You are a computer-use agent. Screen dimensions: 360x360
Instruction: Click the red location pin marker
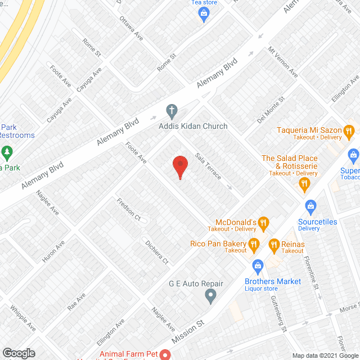point(179,165)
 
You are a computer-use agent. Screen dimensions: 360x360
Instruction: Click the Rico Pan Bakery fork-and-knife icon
point(254,244)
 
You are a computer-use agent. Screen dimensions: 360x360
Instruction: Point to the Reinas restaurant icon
point(274,244)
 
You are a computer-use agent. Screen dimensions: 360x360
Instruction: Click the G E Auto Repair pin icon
point(210,295)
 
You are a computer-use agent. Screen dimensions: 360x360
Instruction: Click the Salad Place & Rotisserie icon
point(305,183)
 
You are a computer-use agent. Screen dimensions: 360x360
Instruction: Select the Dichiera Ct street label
point(156,253)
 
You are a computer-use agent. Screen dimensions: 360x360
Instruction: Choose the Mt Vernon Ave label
point(283,62)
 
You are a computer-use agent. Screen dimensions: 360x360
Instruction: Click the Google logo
point(19,353)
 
